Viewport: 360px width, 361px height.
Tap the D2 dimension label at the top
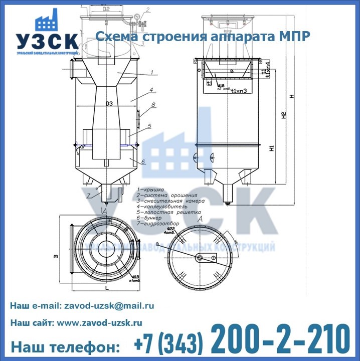tap(106, 9)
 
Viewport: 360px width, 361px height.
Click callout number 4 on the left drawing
tap(150, 90)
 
